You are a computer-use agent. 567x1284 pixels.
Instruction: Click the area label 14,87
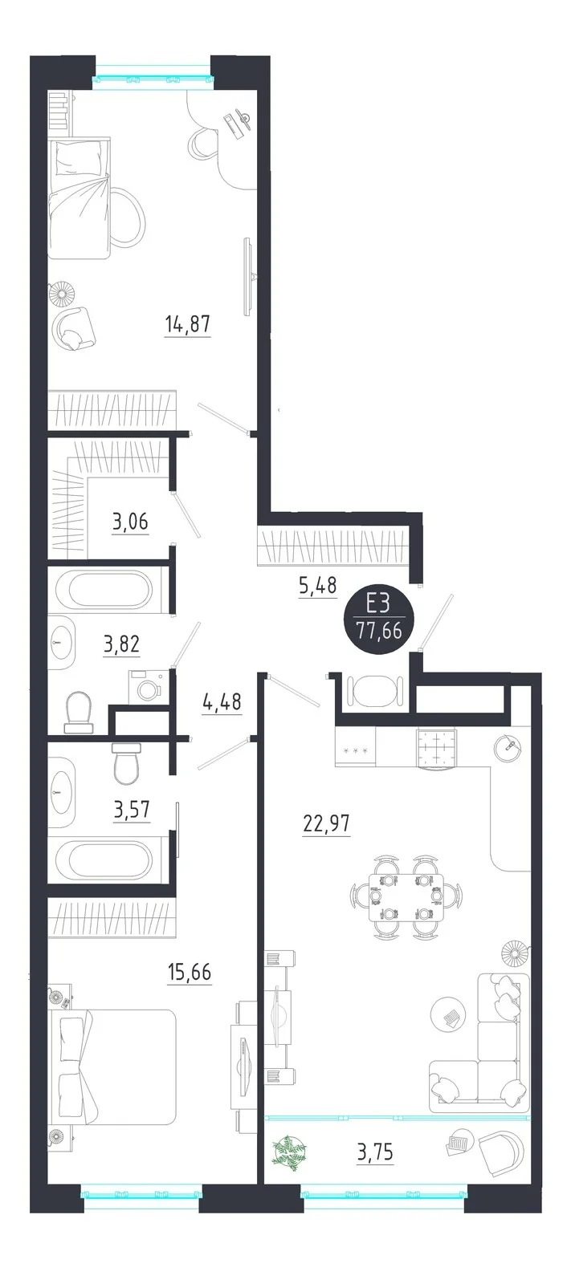tap(188, 324)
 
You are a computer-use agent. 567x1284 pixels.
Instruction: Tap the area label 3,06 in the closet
tap(130, 522)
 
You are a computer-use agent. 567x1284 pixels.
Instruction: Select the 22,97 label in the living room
tap(326, 823)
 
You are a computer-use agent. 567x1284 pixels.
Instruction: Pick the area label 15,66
tap(190, 972)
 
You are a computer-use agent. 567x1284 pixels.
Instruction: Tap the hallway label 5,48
tap(317, 586)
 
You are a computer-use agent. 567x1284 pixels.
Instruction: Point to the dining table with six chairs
tap(406, 898)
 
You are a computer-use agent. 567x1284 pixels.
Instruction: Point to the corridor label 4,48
tap(222, 702)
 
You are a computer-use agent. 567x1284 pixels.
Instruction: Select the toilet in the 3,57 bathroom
tap(124, 763)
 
